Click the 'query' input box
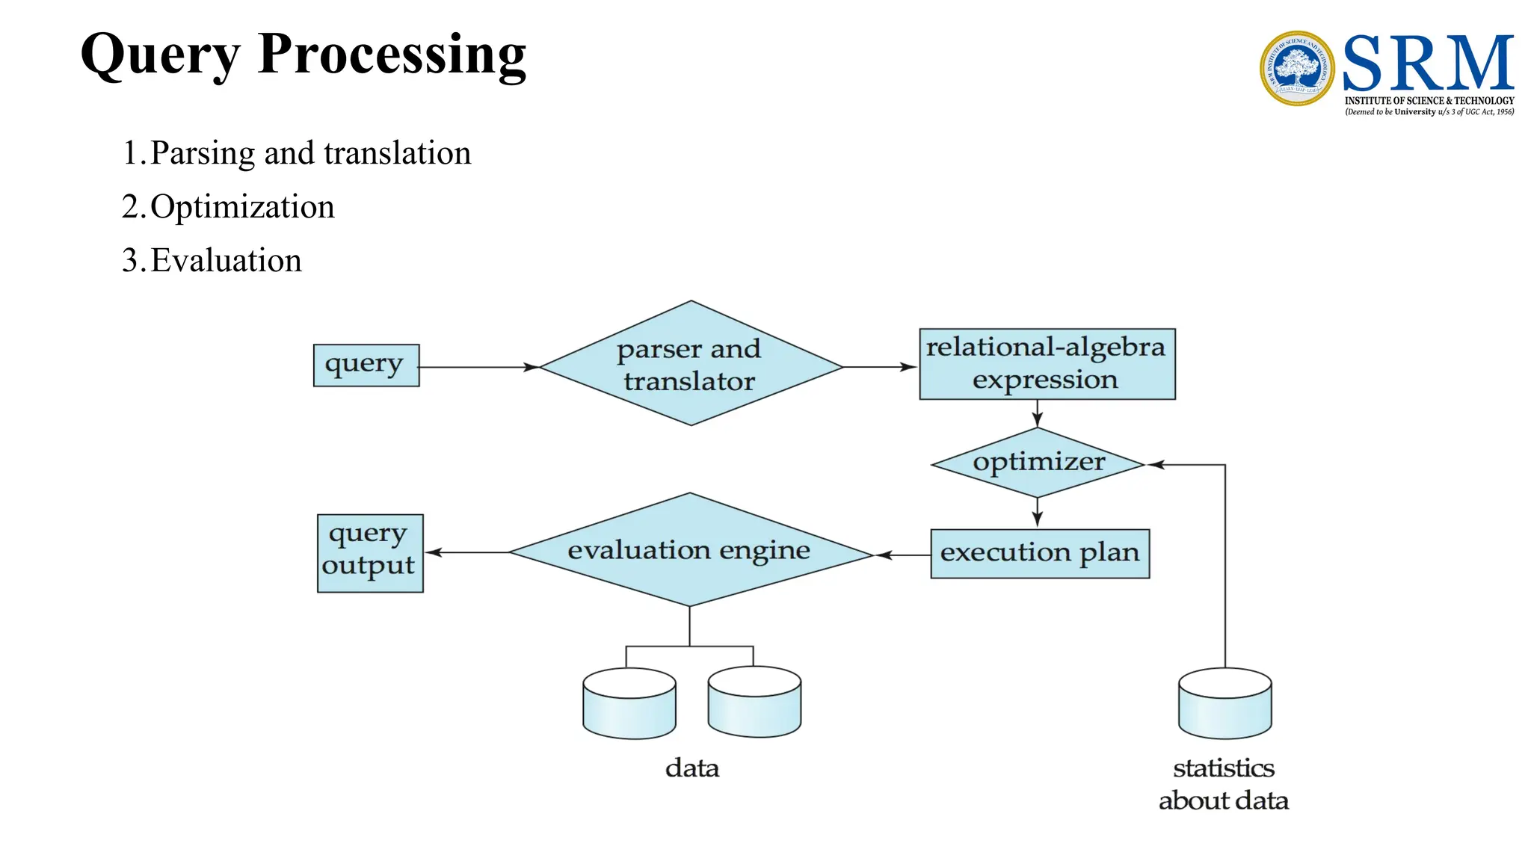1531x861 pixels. click(366, 365)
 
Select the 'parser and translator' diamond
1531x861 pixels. click(690, 364)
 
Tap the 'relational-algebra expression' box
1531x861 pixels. click(1046, 364)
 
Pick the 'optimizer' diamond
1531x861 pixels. click(1038, 463)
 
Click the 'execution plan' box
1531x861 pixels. click(1039, 553)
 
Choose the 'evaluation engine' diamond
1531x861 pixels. click(689, 551)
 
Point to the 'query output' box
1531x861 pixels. click(369, 553)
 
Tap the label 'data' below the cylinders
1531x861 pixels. click(691, 768)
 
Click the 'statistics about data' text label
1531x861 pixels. click(1223, 784)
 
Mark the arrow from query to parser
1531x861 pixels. click(478, 367)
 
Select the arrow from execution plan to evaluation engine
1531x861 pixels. click(902, 555)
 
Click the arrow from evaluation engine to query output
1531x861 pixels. click(467, 552)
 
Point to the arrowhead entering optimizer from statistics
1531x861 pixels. click(1156, 465)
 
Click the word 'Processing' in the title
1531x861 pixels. click(392, 55)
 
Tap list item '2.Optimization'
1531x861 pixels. click(228, 207)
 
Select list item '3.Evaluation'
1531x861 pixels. click(212, 261)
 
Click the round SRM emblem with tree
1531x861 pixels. click(1296, 68)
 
